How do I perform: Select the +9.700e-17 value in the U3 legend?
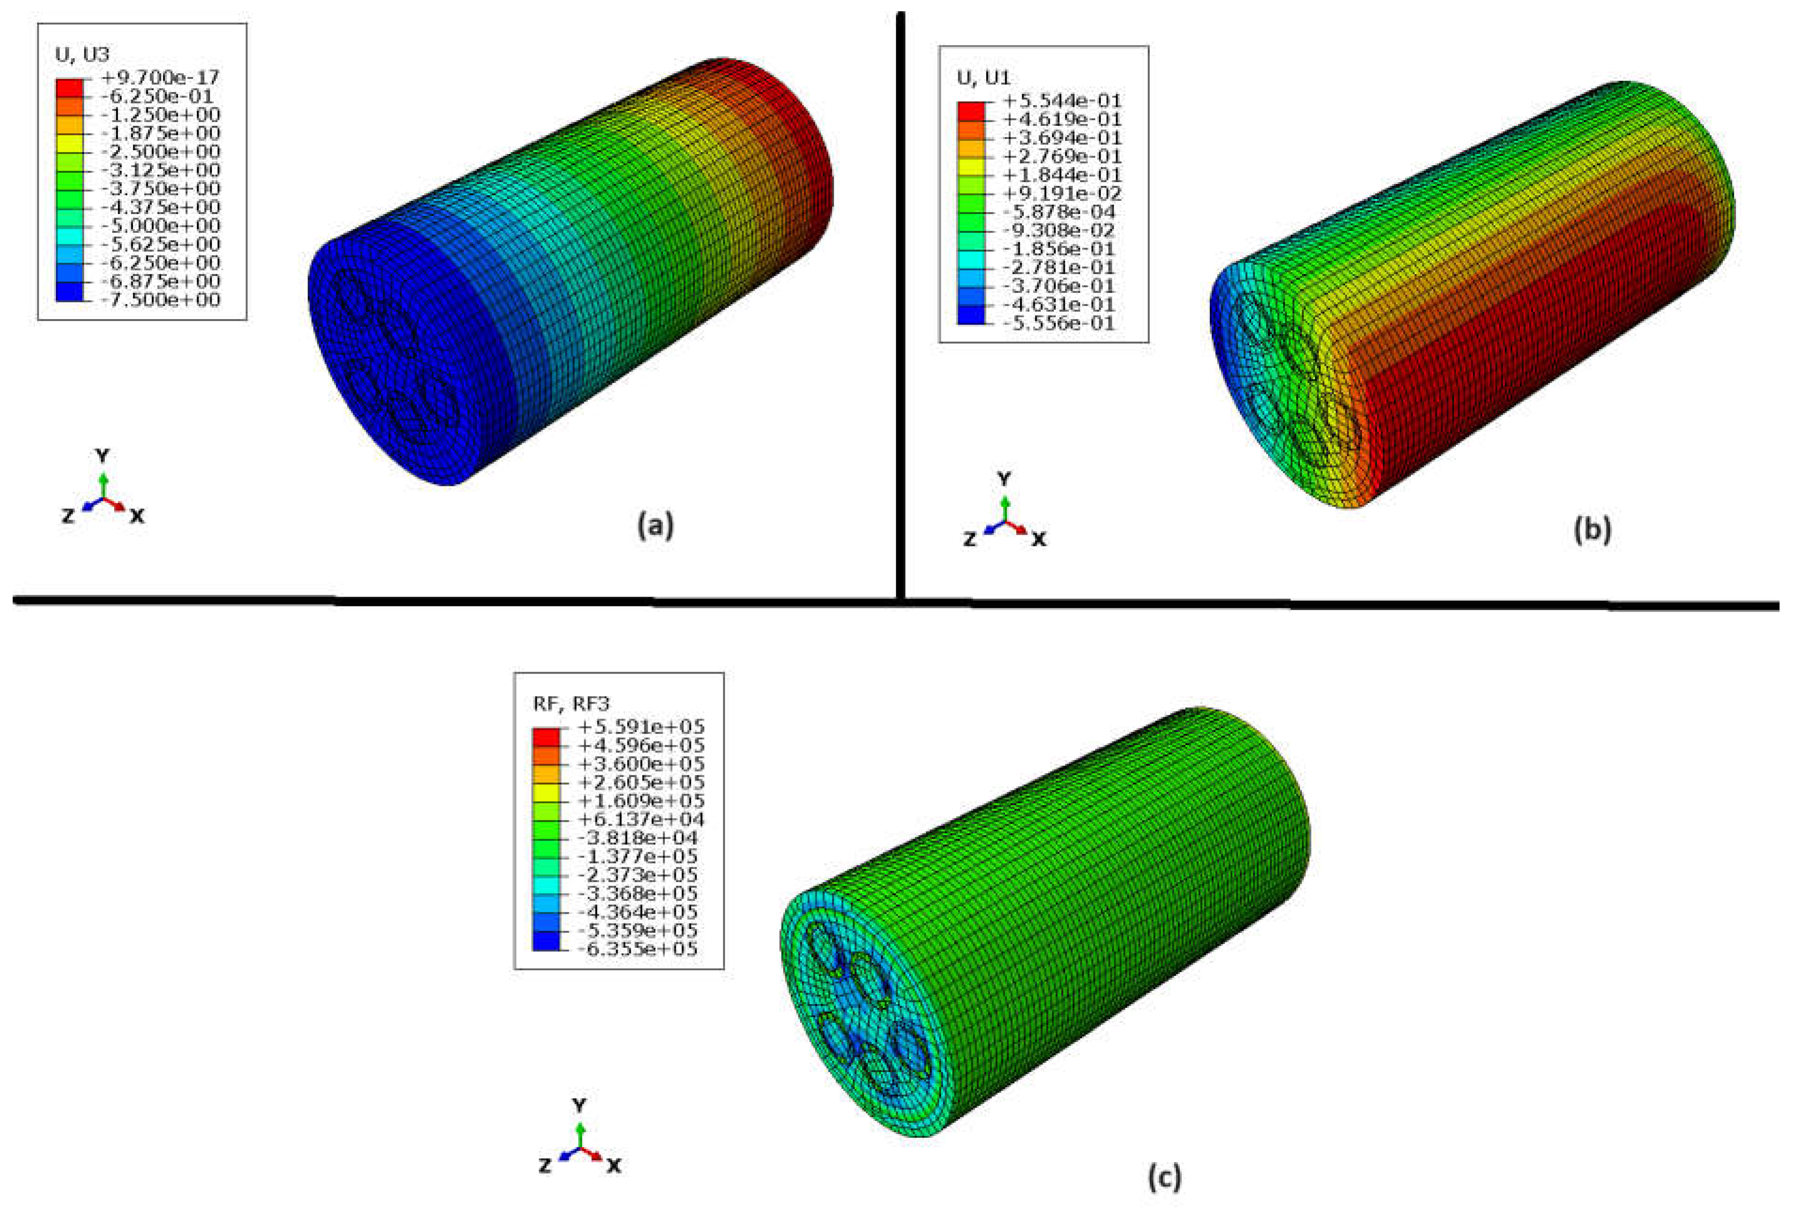pyautogui.click(x=160, y=77)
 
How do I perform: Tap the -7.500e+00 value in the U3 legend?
pyautogui.click(x=161, y=300)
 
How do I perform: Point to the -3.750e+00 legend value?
pyautogui.click(x=161, y=189)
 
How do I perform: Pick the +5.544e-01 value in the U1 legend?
pyautogui.click(x=1062, y=100)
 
